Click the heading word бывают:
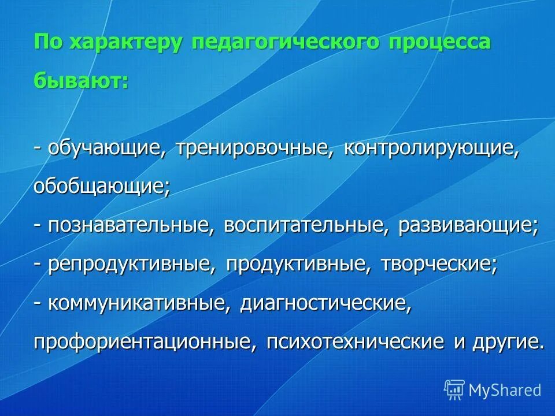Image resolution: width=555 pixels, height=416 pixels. click(81, 80)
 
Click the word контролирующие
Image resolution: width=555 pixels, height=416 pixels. click(431, 149)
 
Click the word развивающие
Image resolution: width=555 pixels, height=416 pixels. click(468, 226)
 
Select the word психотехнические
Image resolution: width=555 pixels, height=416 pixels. click(356, 341)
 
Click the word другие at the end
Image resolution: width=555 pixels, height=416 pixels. click(507, 341)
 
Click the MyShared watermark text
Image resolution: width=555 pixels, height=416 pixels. click(505, 390)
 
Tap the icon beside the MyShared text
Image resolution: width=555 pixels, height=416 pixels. click(454, 390)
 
